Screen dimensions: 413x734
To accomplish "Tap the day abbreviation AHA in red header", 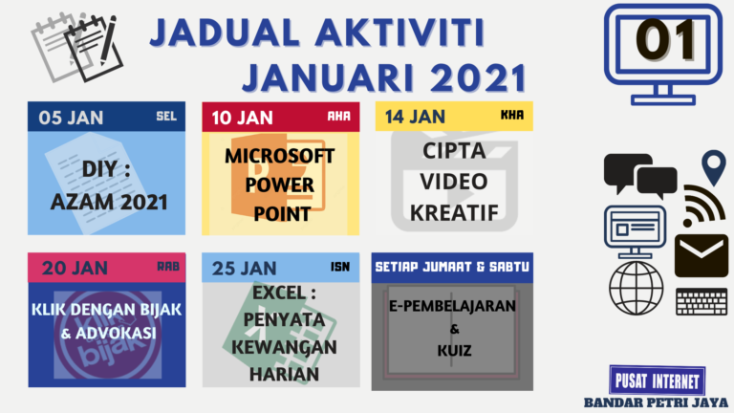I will coord(339,117).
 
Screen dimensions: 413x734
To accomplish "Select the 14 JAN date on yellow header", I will coord(415,117).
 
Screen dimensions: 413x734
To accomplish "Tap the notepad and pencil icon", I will coord(74,46).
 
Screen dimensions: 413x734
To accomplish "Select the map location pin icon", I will coord(713,168).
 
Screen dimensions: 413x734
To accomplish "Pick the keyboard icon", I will coord(701,301).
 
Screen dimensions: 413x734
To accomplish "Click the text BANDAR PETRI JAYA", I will coord(657,402).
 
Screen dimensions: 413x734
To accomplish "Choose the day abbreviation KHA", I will coord(512,117).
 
